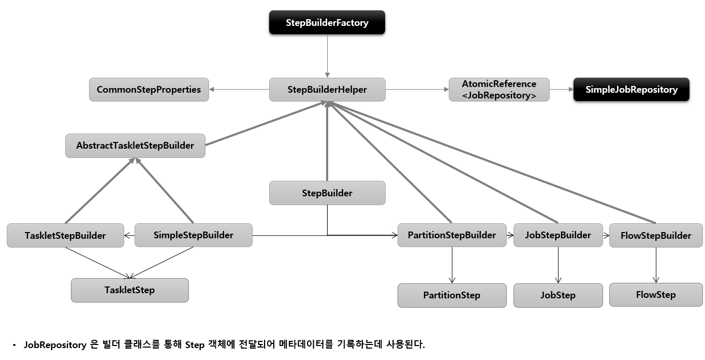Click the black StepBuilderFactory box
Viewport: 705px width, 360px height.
pos(327,23)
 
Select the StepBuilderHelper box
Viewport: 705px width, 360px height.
pos(327,90)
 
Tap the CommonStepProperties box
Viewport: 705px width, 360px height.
pos(149,90)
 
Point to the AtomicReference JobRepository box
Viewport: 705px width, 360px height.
pos(498,90)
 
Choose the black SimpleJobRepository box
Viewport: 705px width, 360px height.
pos(631,90)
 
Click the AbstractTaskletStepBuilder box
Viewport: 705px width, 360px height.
pos(135,146)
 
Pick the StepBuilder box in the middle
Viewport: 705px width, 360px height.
pos(327,193)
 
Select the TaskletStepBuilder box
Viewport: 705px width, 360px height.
pos(65,236)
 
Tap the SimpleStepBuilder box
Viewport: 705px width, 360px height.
pos(193,235)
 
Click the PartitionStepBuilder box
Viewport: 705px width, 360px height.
pos(451,235)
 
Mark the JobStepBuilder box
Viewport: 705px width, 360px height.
pos(557,235)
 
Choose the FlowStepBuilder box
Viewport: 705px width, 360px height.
pos(656,236)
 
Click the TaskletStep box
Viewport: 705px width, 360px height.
pos(129,290)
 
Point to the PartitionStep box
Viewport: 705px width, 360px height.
pos(451,295)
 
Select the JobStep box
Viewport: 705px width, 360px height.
pos(557,295)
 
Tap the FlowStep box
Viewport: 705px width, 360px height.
pos(656,295)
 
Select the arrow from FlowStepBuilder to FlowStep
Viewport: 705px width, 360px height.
pos(656,265)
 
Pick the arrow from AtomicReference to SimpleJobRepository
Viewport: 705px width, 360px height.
pos(561,90)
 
